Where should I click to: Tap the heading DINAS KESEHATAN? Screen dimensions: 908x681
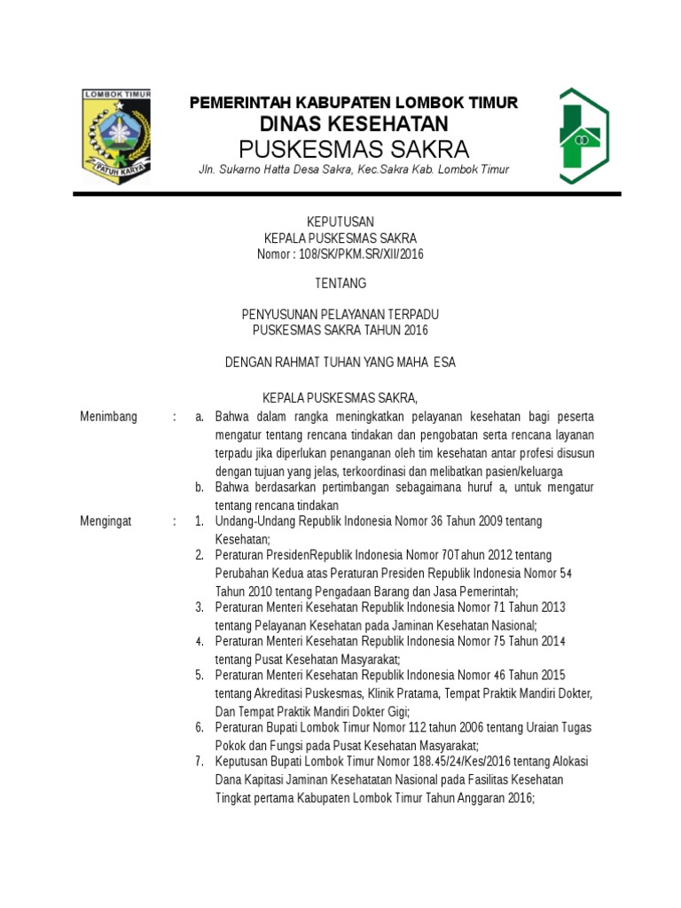click(x=353, y=123)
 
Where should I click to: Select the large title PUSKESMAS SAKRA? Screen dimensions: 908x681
click(x=354, y=147)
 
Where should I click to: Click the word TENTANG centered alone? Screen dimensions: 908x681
click(x=340, y=284)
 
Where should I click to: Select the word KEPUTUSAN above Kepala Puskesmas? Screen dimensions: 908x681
click(x=340, y=221)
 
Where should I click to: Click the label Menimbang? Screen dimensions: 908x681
click(x=108, y=417)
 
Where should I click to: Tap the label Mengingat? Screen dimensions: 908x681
click(x=106, y=521)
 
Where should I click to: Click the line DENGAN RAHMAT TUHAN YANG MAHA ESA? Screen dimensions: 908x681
click(x=340, y=363)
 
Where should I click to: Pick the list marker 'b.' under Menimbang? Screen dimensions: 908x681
click(x=200, y=488)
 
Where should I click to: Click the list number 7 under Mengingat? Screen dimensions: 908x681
click(x=200, y=762)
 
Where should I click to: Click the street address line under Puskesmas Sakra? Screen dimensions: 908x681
click(x=353, y=169)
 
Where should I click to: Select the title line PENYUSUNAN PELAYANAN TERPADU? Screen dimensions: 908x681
click(x=340, y=315)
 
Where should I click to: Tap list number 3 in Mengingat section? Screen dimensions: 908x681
click(x=200, y=607)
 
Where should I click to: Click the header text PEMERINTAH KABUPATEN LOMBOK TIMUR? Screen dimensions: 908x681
click(x=354, y=103)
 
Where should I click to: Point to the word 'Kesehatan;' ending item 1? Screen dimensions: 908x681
click(x=242, y=538)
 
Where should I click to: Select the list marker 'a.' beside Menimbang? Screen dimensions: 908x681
click(x=200, y=417)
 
